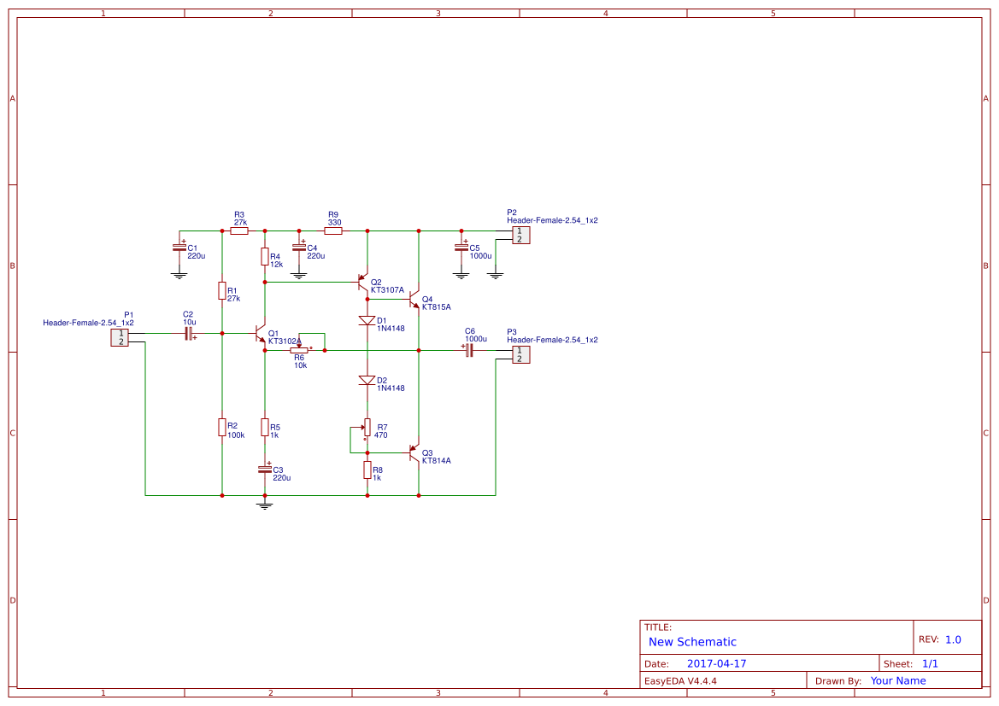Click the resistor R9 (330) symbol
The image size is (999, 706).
click(333, 230)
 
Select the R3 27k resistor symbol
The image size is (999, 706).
click(239, 230)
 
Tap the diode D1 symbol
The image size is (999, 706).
click(367, 321)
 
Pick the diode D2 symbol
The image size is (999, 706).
click(367, 380)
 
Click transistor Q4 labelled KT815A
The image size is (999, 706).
click(414, 300)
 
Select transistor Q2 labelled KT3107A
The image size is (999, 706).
click(363, 283)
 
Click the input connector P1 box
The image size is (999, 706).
click(120, 338)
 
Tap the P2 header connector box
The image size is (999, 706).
click(520, 235)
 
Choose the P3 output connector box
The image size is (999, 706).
click(520, 354)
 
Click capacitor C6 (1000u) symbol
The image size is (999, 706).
click(469, 350)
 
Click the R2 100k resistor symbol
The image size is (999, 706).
click(222, 427)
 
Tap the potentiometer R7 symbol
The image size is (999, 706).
click(367, 426)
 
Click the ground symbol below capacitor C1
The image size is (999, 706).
click(179, 275)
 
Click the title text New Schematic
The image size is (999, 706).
click(692, 642)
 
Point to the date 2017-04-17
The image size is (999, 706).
click(716, 663)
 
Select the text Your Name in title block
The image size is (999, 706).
click(897, 680)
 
